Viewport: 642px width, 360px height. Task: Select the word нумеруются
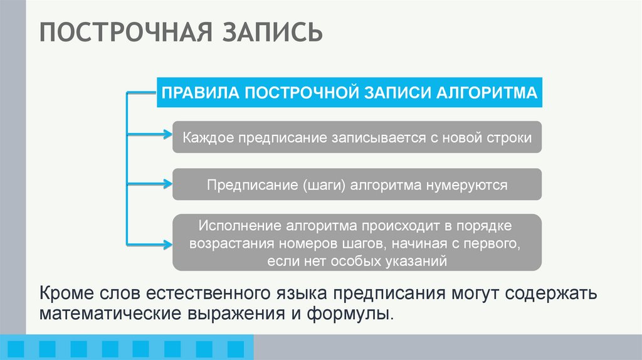tap(467, 186)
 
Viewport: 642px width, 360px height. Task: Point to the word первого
tap(492, 243)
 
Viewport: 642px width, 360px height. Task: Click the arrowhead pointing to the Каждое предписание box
tap(166, 134)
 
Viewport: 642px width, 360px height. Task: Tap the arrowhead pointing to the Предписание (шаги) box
tap(166, 184)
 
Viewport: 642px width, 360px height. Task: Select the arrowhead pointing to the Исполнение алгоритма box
tap(166, 243)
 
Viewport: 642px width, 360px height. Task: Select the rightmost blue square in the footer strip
tap(234, 347)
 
